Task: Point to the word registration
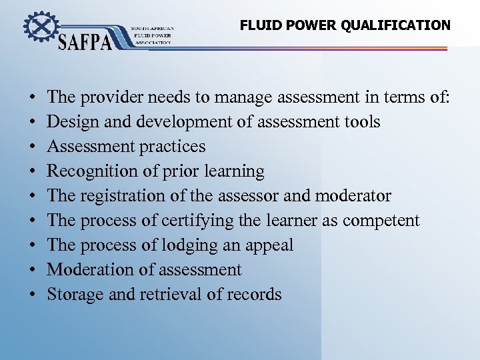[x=126, y=196]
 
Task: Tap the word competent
[x=381, y=221]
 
